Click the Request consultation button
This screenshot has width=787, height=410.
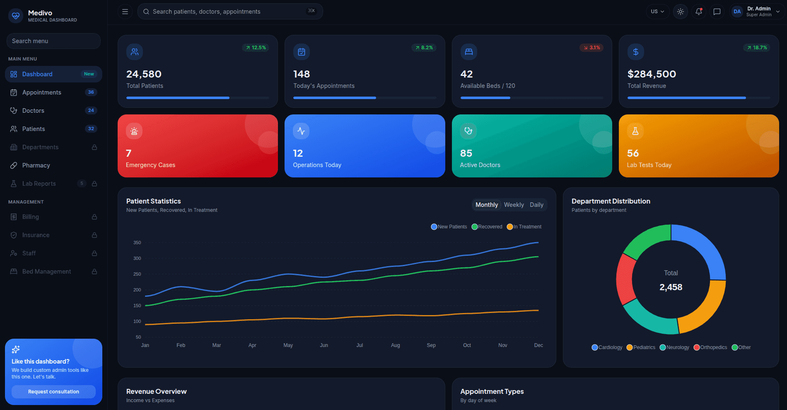[x=53, y=392]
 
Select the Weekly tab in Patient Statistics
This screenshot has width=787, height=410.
[x=514, y=205]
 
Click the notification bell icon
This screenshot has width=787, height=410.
[x=699, y=12]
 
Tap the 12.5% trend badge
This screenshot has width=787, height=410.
[x=256, y=48]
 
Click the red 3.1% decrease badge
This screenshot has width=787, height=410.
[x=591, y=48]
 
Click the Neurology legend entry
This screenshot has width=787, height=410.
[x=674, y=347]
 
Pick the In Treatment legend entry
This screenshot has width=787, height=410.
[x=524, y=227]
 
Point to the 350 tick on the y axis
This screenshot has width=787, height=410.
[x=137, y=243]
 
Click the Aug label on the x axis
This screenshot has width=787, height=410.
[x=396, y=345]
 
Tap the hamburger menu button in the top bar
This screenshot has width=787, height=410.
[x=125, y=12]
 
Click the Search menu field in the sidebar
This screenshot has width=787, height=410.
[x=53, y=41]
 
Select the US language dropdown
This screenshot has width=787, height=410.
[x=658, y=12]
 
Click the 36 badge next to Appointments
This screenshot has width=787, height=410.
[x=91, y=92]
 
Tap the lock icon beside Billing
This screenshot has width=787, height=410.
[x=94, y=217]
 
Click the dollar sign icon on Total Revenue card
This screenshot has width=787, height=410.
[x=636, y=52]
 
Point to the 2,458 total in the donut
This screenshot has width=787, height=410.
[x=671, y=287]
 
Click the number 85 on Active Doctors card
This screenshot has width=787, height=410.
[x=466, y=153]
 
